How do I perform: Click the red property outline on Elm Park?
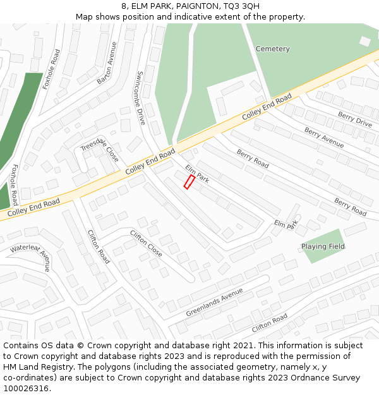click(x=188, y=182)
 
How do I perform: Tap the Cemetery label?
click(x=272, y=49)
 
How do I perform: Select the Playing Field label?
click(x=323, y=246)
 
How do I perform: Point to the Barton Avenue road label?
click(x=107, y=63)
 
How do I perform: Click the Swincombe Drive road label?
click(x=140, y=97)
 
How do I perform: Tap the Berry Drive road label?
click(x=354, y=119)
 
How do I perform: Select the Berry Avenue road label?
click(x=324, y=137)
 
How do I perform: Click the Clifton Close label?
click(x=146, y=244)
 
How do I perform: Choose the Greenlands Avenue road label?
click(x=214, y=303)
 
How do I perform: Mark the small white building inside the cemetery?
click(x=364, y=41)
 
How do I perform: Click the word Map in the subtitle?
click(x=85, y=17)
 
